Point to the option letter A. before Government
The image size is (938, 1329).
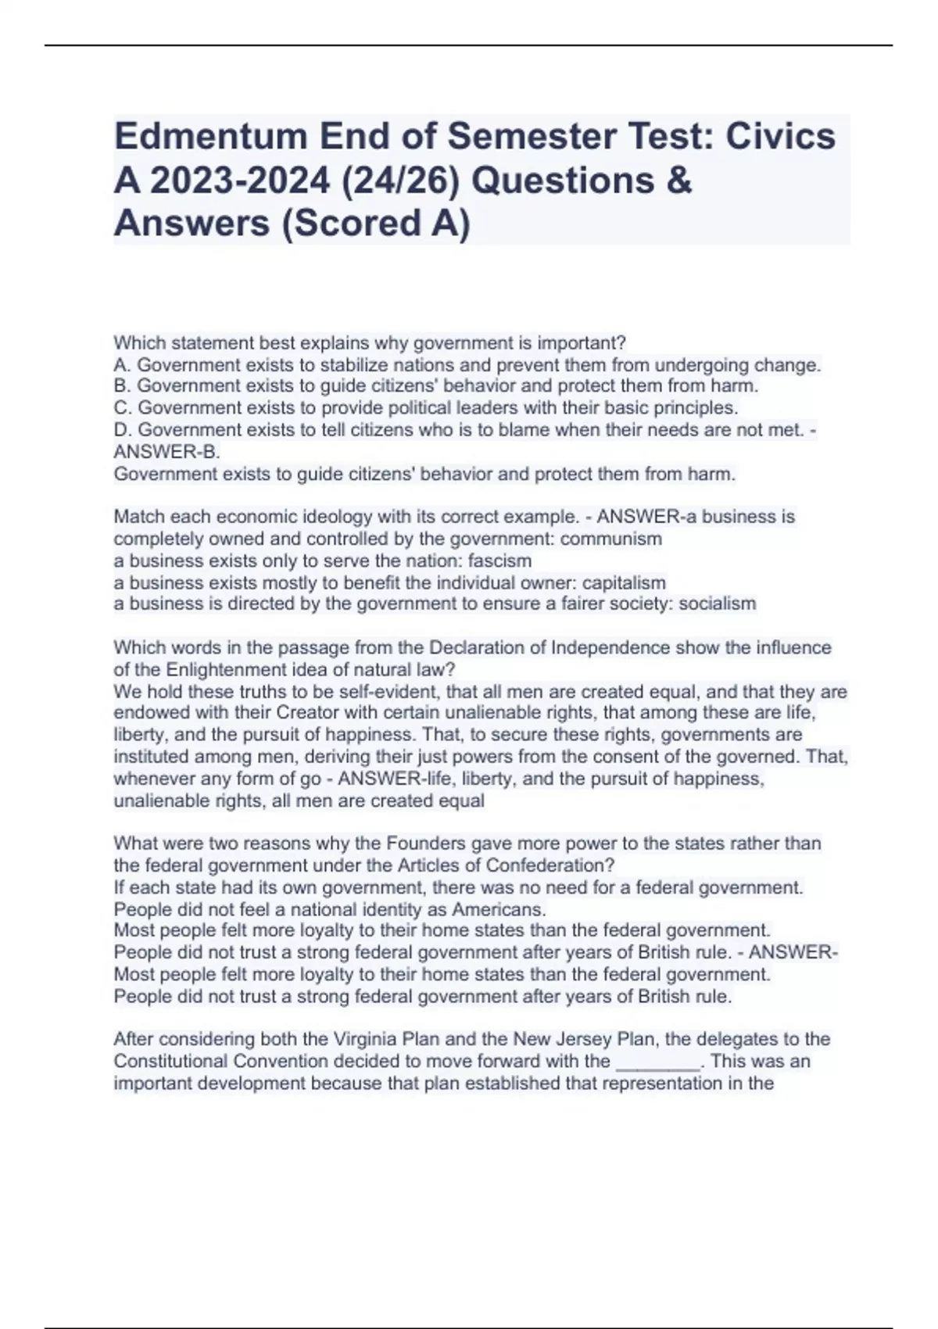tap(122, 365)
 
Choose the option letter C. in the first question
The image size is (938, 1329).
tap(123, 408)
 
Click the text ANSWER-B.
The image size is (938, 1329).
tap(166, 452)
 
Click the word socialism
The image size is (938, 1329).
tap(717, 604)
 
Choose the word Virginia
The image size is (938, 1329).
tap(365, 1040)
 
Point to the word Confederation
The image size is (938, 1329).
tap(551, 865)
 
